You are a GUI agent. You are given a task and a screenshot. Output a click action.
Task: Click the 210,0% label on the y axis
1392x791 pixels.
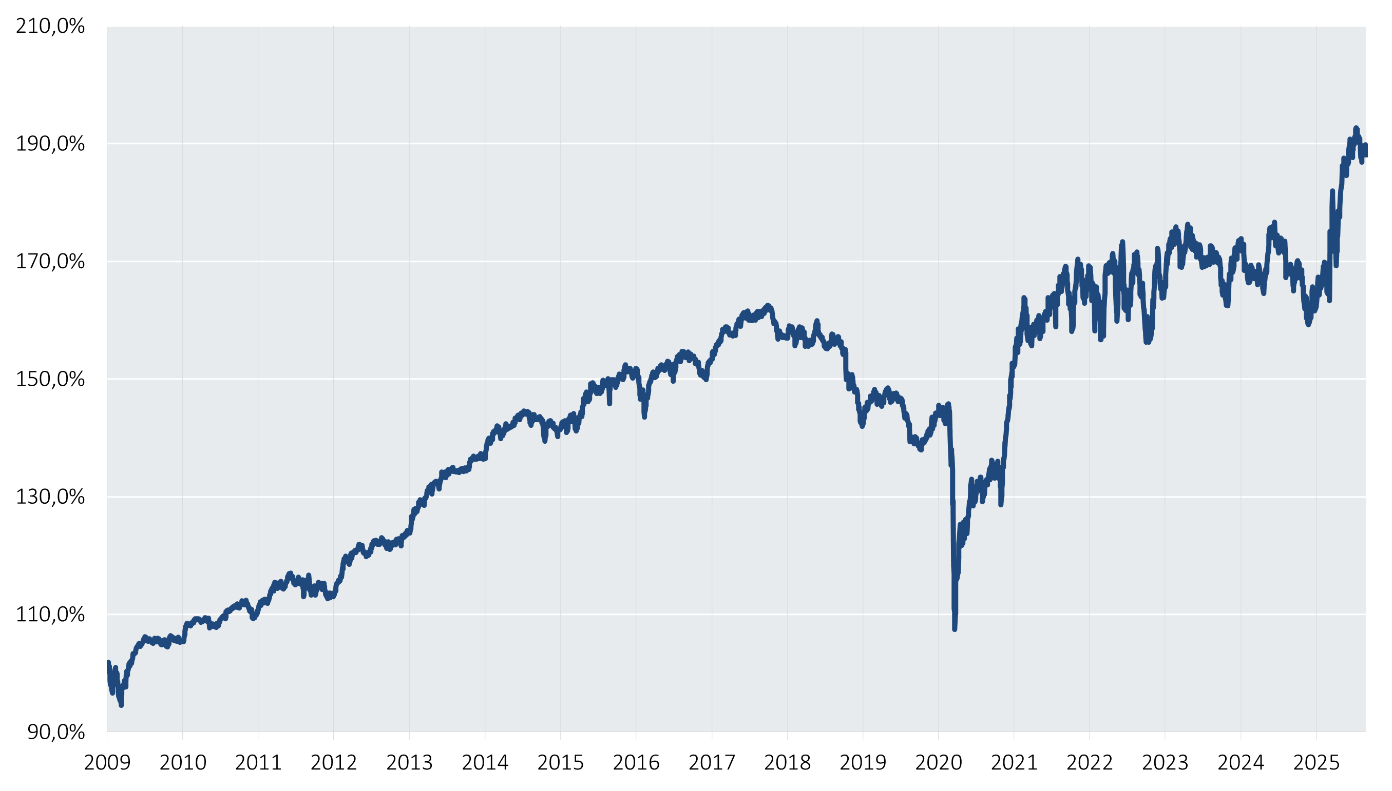(x=50, y=26)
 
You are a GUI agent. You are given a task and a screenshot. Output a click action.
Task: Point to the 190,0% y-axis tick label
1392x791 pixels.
(x=50, y=144)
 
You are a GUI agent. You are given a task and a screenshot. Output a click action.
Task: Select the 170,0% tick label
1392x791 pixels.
(x=50, y=262)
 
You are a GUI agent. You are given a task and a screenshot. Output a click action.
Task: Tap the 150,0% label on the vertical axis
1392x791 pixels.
(x=50, y=379)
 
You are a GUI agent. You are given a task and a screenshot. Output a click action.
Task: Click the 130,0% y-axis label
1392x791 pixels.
(x=50, y=497)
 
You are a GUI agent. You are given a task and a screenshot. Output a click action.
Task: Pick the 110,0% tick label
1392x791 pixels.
(x=50, y=615)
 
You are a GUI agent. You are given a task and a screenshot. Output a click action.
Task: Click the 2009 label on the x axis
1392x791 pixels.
(x=107, y=763)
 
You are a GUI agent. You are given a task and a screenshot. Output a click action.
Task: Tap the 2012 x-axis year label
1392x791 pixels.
(x=334, y=763)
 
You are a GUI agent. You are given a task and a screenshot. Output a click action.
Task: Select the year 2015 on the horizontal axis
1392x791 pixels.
(x=561, y=763)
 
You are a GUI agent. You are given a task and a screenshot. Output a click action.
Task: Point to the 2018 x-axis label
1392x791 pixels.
(x=787, y=763)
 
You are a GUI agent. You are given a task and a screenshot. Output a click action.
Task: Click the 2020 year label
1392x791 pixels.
(x=939, y=763)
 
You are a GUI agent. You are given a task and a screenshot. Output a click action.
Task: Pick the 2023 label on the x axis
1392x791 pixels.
(x=1165, y=763)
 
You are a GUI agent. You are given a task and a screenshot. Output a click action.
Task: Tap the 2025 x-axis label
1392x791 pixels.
(x=1317, y=763)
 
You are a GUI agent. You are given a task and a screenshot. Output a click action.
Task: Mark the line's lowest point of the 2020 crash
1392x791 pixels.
(x=955, y=629)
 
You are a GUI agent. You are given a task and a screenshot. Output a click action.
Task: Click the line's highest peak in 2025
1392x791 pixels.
(x=1356, y=128)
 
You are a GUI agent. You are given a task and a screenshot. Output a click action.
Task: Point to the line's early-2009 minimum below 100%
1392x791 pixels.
(x=121, y=705)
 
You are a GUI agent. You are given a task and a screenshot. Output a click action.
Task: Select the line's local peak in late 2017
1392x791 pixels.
(x=768, y=305)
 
